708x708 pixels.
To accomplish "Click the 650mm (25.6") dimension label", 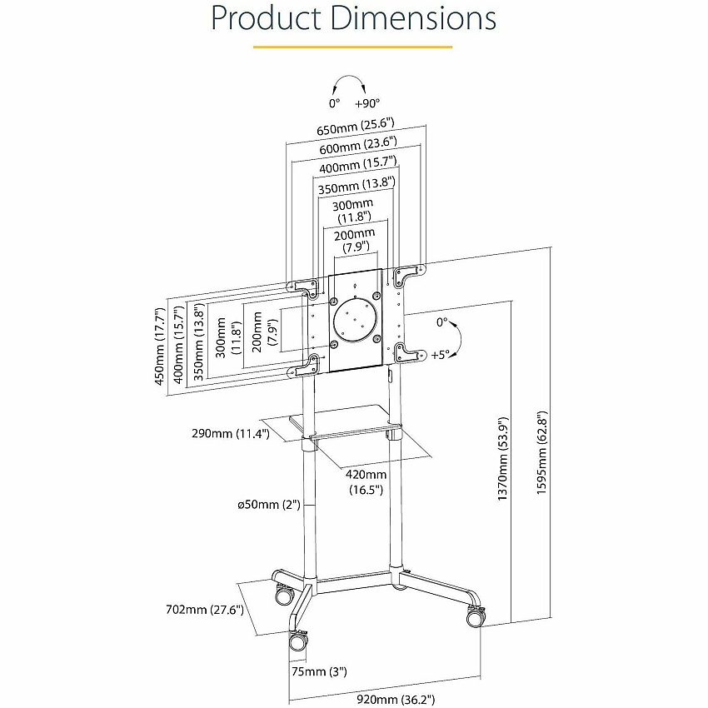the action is click(x=356, y=126).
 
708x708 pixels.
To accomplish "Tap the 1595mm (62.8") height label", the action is click(x=541, y=453).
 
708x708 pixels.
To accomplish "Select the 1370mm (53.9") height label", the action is click(x=502, y=459).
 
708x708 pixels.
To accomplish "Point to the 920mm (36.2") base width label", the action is click(x=396, y=700).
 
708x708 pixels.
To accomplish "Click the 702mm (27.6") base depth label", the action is click(x=205, y=610).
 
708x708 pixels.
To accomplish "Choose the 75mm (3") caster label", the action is click(x=319, y=671).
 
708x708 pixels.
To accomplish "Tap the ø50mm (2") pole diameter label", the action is click(x=269, y=505).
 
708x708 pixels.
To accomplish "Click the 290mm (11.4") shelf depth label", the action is click(x=231, y=433).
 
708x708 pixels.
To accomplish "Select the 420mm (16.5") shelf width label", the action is click(x=366, y=482).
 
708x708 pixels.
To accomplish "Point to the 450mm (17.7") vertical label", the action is click(x=159, y=347).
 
